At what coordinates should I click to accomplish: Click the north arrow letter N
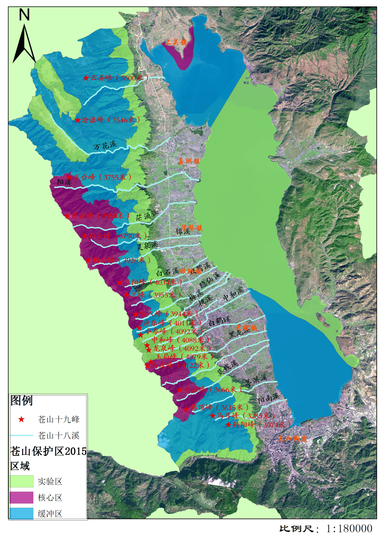coord(24,15)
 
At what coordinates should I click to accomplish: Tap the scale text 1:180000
coord(349,529)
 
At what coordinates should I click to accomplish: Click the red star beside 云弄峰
coord(86,78)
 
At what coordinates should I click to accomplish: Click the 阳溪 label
coord(64,182)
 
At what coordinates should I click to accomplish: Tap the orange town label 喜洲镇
coord(189,161)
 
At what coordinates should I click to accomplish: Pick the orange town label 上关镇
coord(175,43)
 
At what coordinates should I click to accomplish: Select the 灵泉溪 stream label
coord(147,245)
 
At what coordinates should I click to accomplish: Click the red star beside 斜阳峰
coord(228,425)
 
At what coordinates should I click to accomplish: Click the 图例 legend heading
coord(21,401)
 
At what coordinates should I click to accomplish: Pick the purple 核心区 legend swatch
coord(21,497)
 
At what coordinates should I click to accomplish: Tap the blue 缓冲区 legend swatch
coord(21,513)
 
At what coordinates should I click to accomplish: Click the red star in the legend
coord(21,420)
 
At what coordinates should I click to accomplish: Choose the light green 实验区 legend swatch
coord(21,481)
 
